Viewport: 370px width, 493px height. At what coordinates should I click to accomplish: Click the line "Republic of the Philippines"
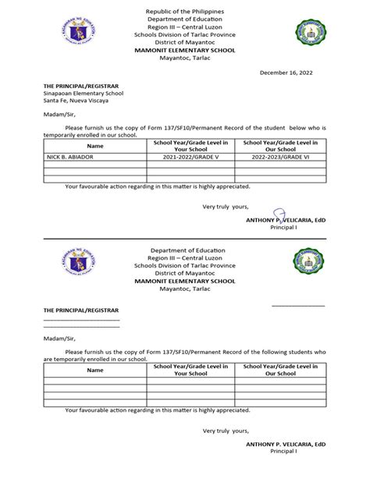pos(184,14)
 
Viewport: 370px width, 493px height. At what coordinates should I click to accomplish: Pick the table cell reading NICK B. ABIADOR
pos(69,157)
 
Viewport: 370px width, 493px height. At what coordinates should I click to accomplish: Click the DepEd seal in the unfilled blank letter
pos(78,264)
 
